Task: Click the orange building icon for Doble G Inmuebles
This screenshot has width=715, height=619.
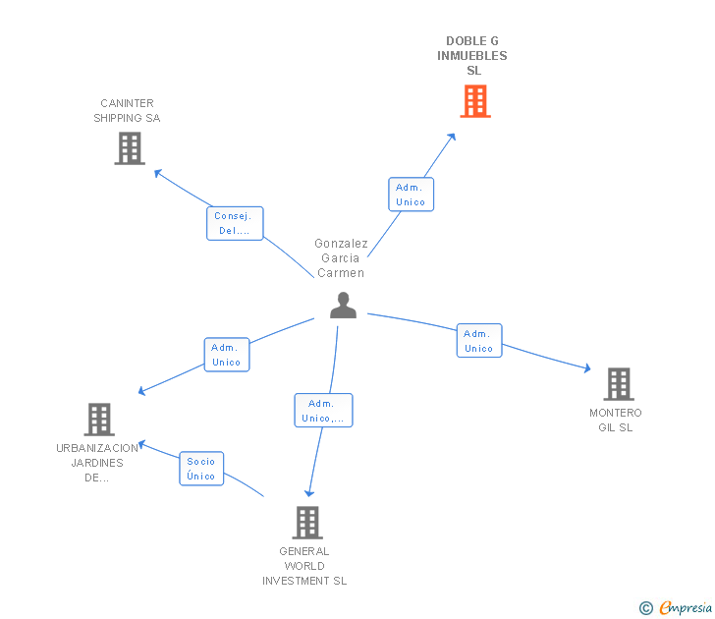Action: coord(475,101)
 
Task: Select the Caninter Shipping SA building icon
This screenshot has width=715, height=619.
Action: coord(130,148)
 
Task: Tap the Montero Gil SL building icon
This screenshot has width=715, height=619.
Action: coord(618,384)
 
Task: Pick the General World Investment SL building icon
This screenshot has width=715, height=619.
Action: coord(307,523)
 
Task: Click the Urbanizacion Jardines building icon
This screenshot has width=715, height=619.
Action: coord(98,420)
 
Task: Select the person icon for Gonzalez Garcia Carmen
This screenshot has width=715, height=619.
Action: coord(343,306)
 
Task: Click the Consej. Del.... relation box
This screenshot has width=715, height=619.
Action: coord(235,223)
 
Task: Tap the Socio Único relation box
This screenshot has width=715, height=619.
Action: coord(201,469)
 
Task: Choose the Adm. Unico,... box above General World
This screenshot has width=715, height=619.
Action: coord(323,411)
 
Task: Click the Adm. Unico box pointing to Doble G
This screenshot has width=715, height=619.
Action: coord(411,195)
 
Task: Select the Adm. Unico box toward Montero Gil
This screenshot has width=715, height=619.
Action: coord(478,341)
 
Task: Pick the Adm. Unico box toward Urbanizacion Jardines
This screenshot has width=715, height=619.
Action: coord(226,355)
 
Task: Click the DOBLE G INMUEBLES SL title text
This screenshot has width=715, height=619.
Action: coord(472,56)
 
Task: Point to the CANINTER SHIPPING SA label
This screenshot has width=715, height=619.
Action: coord(127,111)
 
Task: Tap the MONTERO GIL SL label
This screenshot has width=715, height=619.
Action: coord(616,421)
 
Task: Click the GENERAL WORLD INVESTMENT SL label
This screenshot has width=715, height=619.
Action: coord(304,566)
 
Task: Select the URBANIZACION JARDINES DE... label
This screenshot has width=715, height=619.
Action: coord(97,463)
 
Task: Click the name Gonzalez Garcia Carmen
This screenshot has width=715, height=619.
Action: coord(341,258)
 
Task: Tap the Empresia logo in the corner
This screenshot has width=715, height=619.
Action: coord(686,608)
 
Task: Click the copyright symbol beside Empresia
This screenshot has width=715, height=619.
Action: coord(646,609)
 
